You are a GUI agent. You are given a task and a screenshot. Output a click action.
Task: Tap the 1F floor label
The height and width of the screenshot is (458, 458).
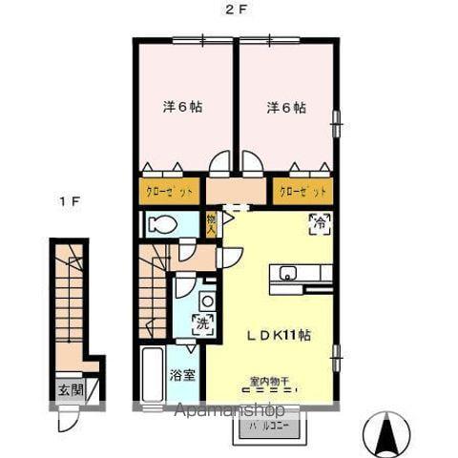68,202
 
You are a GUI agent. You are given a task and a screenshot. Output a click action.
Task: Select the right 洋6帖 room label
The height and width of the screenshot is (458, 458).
286,107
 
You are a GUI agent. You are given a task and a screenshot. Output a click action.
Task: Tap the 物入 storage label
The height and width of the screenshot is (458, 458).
212,225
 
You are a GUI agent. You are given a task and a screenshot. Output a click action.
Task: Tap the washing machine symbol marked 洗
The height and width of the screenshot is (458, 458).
203,322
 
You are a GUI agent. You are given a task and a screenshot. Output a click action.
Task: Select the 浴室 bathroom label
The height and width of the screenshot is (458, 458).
183,374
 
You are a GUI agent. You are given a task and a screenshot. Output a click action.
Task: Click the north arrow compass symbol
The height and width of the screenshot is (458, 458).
386,434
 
